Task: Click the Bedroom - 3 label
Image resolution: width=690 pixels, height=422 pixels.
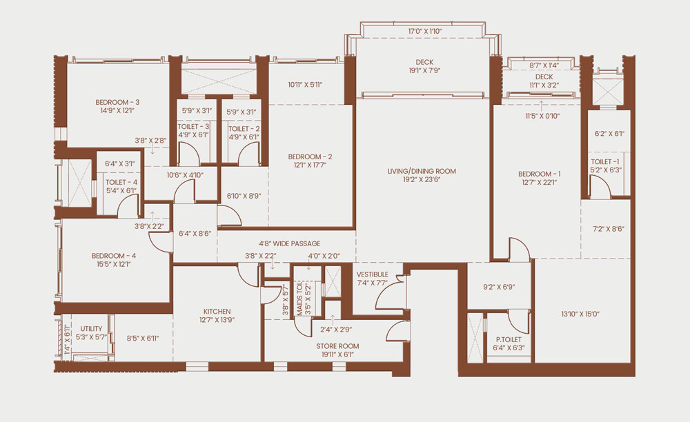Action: pos(117,103)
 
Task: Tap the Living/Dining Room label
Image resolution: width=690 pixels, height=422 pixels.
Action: pos(422,171)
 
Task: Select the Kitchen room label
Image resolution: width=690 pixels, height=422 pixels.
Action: pos(217,312)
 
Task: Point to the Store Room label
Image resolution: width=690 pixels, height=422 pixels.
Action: pos(337,346)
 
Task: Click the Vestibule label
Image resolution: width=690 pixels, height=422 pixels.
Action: pos(373,274)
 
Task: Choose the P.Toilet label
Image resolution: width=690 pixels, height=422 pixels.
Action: pos(509,339)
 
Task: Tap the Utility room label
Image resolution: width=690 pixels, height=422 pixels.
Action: pos(91,329)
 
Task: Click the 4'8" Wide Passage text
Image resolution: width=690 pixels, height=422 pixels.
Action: pos(290,243)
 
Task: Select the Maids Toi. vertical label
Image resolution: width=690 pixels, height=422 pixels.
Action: pos(299,299)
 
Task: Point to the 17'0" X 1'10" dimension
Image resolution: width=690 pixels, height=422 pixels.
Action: pos(424,31)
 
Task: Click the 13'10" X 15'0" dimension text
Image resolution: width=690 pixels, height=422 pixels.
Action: pos(580,314)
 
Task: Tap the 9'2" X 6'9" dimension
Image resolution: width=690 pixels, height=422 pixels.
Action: pos(499,287)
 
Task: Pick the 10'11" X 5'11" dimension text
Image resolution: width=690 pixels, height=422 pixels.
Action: pos(306,84)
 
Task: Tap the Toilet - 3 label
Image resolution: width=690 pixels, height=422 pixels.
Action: pos(194,127)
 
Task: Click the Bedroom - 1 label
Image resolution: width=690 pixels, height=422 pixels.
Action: pos(540,174)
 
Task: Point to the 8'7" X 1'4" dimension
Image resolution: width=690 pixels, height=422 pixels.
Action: pos(544,66)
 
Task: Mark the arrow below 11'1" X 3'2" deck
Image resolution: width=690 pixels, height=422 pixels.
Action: pos(542,104)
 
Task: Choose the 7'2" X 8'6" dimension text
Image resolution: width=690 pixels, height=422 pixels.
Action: pos(609,229)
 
